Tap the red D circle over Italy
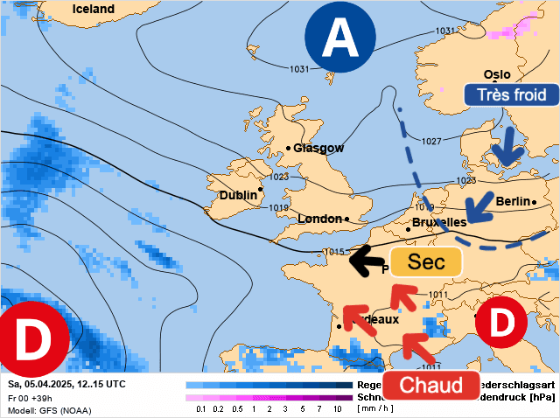[500, 324]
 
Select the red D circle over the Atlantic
[33, 339]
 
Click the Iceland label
[94, 9]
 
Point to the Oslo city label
[496, 75]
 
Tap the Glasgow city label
[318, 148]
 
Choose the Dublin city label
[238, 195]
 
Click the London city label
[320, 218]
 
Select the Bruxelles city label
[438, 222]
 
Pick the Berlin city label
[513, 201]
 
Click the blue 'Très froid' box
[511, 95]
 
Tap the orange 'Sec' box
[426, 262]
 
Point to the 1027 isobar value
[431, 141]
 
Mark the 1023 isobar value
[279, 177]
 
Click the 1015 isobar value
[333, 252]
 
